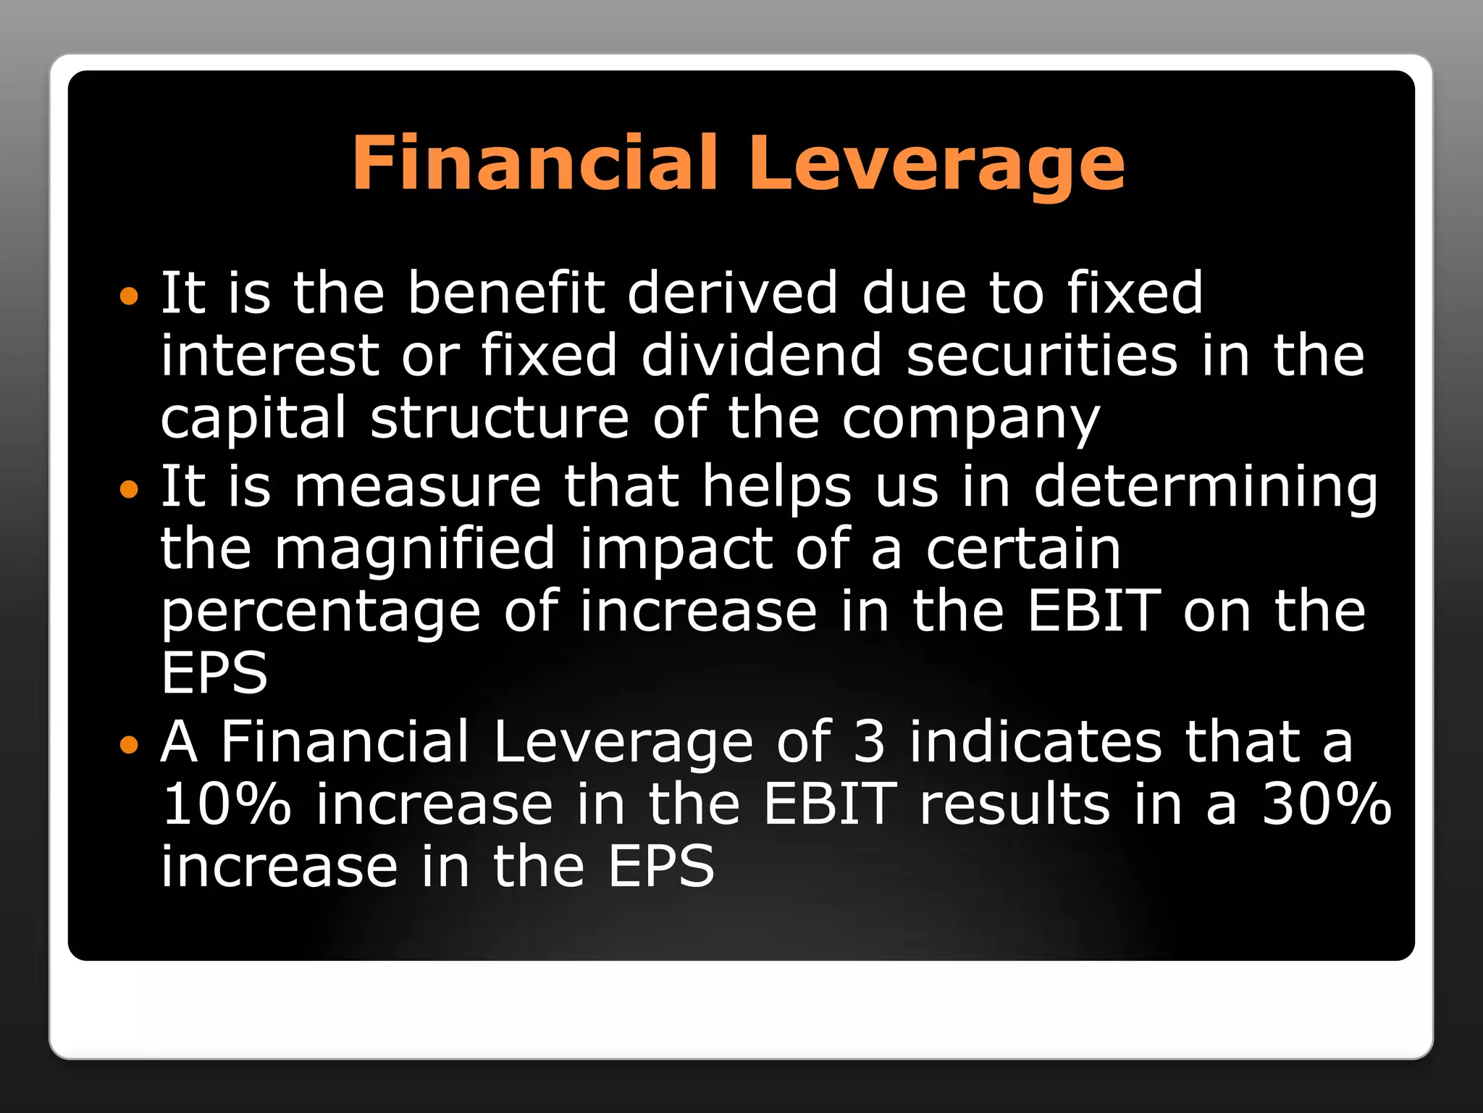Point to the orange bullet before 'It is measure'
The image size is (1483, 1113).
[128, 490]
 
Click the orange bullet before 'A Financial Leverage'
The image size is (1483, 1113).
[128, 744]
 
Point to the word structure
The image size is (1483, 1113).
[500, 418]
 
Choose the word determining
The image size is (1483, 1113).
[1206, 487]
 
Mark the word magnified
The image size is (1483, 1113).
[414, 549]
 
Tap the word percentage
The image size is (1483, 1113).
[321, 613]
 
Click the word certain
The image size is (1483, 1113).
[1023, 549]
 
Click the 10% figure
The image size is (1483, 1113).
[226, 804]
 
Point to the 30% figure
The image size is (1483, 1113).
[1327, 804]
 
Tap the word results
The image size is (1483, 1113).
[1014, 804]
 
